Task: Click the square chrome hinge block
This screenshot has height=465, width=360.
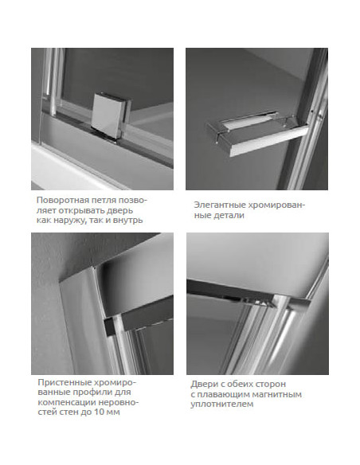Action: (112, 115)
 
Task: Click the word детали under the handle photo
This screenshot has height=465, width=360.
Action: (230, 215)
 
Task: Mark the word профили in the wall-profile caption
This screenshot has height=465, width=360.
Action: (96, 392)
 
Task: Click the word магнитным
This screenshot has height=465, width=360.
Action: (276, 395)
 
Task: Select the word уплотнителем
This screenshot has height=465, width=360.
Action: (222, 404)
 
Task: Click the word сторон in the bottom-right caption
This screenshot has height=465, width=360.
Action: (272, 385)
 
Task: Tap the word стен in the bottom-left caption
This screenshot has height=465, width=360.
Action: (68, 412)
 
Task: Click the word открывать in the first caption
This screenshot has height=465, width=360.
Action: (81, 210)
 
